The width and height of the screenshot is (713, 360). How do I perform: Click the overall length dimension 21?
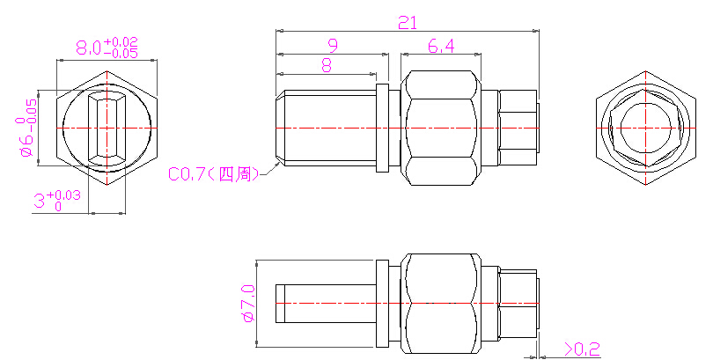[x=408, y=23]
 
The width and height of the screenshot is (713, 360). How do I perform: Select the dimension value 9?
[x=334, y=46]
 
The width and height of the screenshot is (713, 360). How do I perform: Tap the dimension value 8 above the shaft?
[x=327, y=65]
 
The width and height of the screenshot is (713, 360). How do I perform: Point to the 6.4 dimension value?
[x=441, y=46]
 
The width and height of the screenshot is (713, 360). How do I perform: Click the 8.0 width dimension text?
[x=89, y=48]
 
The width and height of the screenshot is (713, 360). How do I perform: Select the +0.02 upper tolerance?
[x=121, y=42]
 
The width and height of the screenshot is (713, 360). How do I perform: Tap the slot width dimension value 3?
[x=40, y=201]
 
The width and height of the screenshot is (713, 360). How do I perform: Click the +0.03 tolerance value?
[x=64, y=195]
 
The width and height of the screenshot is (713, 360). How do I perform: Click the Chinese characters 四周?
[x=235, y=174]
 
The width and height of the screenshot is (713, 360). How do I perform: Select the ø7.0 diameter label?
[x=249, y=304]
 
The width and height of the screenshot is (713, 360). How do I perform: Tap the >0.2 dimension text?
[x=583, y=349]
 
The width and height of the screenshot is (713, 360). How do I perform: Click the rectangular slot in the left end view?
[x=107, y=129]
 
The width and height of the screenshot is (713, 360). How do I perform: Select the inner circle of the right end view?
[x=646, y=129]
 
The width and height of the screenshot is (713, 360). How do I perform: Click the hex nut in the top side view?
[x=441, y=129]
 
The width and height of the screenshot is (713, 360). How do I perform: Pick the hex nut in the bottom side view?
[x=441, y=303]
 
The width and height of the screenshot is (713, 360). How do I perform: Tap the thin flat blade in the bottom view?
[x=326, y=304]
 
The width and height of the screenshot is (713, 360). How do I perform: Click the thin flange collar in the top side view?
[x=382, y=129]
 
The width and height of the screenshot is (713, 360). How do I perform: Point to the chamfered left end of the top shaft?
[x=281, y=129]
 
